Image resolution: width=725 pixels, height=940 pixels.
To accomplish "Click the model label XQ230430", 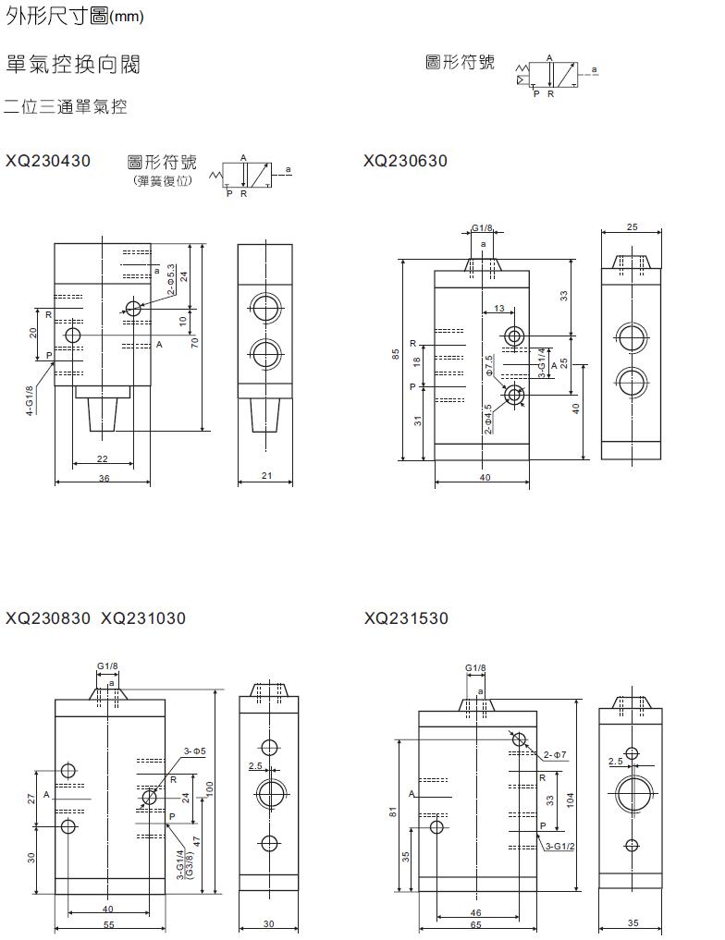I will click(x=48, y=161).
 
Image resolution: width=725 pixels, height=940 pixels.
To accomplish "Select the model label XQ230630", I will click(x=406, y=161).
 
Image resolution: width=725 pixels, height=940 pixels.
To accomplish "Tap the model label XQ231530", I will click(x=406, y=617).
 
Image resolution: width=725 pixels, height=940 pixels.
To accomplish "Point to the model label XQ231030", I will click(x=143, y=617).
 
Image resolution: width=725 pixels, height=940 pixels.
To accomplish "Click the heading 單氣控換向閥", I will click(x=73, y=65).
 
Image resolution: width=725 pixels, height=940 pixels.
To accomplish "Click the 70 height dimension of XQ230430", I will click(x=195, y=341).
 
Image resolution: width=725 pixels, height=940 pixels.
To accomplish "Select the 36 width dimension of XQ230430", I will click(x=104, y=478).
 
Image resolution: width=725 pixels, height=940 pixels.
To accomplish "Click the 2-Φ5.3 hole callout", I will click(x=171, y=280).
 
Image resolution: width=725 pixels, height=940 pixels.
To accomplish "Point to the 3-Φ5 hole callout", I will click(x=194, y=751).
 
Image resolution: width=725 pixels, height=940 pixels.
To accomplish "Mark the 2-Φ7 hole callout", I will click(x=555, y=755).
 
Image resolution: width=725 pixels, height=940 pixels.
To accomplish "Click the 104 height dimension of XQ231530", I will click(x=571, y=800).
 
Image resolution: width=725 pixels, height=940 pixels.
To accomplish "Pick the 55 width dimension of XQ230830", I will click(x=108, y=924).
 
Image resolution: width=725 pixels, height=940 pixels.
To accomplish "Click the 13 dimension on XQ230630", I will click(x=499, y=309).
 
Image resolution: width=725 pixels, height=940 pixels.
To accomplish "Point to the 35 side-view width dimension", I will click(x=633, y=923).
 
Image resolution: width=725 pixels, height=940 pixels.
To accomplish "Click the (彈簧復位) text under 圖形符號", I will click(x=162, y=180).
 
